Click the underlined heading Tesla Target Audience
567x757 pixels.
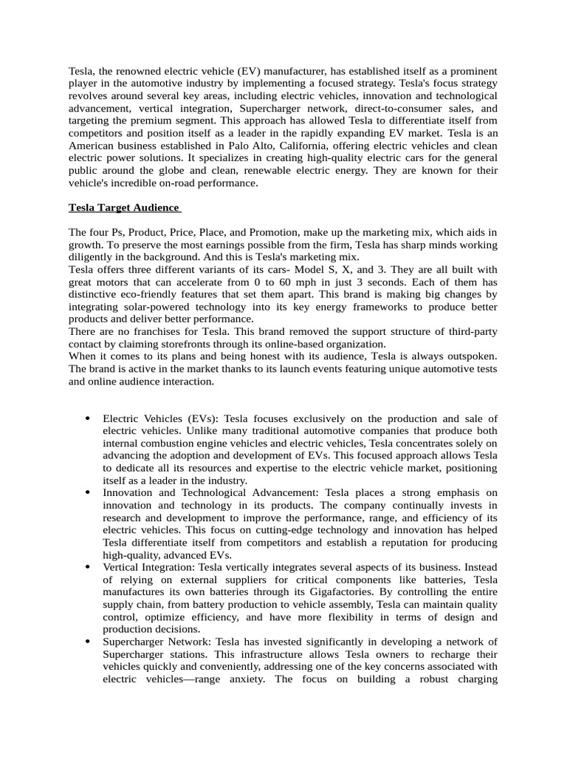click(123, 207)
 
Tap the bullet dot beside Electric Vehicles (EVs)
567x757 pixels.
click(89, 418)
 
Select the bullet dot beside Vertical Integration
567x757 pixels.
click(89, 567)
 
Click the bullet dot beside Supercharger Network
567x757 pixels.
click(89, 642)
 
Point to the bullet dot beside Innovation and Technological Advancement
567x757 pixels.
click(89, 492)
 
